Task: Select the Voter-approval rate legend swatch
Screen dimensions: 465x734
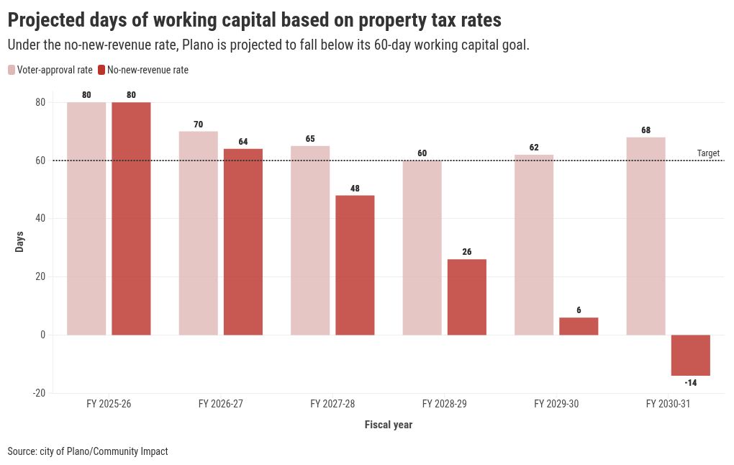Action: coord(12,70)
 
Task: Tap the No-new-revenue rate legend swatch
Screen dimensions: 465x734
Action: coord(101,70)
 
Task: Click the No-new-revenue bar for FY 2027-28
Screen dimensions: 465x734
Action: coord(355,265)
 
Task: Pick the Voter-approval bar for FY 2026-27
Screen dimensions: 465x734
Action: coord(198,233)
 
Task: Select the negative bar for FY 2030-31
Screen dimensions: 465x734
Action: coord(691,355)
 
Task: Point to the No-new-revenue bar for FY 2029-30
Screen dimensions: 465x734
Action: coord(579,326)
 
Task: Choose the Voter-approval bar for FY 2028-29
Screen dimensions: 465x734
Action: coord(422,248)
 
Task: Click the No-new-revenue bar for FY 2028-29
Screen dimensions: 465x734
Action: coord(467,297)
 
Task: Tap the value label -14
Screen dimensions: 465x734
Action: coord(691,383)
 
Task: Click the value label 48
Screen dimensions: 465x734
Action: coord(355,189)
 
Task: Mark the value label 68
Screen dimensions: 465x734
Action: coord(646,130)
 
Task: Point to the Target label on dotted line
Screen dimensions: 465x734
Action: coord(708,153)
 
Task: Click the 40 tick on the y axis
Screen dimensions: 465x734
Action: coord(40,219)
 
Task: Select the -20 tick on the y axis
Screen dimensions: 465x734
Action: coord(39,393)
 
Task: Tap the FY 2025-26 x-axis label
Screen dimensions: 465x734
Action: coord(109,405)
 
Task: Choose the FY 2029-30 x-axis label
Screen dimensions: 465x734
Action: coord(556,405)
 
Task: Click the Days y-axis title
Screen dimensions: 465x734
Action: coord(20,241)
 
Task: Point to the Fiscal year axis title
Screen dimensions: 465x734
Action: coord(389,425)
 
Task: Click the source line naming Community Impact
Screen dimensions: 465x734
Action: coord(88,451)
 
